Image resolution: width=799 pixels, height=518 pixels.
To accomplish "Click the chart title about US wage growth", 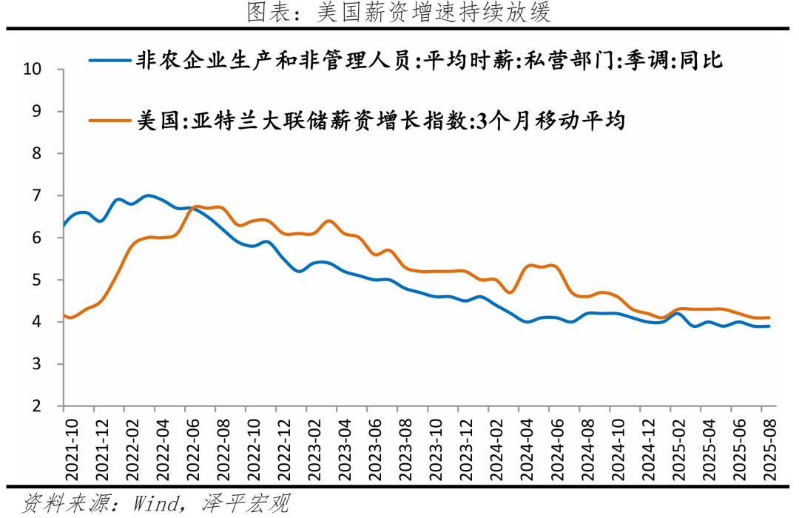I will (x=399, y=13).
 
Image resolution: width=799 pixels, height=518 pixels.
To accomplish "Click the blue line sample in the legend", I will (x=109, y=61).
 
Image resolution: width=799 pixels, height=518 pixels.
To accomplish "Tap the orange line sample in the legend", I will (x=109, y=120).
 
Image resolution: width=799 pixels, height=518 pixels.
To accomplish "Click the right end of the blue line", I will (x=770, y=326).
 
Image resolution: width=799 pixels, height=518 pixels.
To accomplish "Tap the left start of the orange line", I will (x=64, y=315).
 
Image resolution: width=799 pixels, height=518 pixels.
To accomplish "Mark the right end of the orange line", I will (x=770, y=317).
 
